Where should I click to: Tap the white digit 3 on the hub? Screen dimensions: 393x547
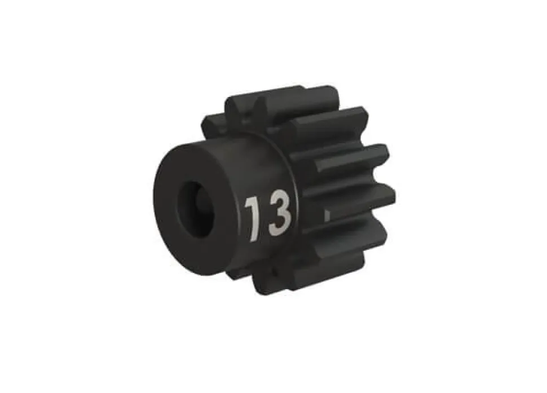278,217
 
